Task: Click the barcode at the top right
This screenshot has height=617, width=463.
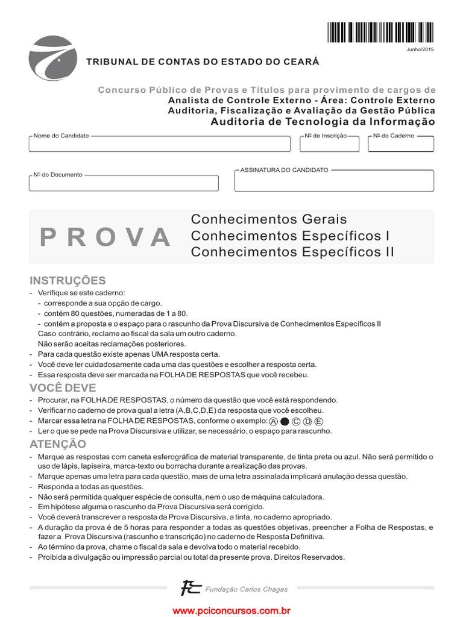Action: click(380, 33)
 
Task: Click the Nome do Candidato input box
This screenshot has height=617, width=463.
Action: click(159, 145)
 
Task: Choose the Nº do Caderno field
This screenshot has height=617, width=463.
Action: click(400, 145)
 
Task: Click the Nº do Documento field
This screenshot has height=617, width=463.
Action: click(124, 183)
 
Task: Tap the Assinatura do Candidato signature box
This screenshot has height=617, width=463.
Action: click(333, 181)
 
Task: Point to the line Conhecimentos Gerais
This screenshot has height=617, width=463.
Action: click(269, 219)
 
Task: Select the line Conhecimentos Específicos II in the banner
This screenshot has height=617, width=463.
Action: click(292, 252)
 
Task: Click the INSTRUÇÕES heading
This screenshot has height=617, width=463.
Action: click(68, 280)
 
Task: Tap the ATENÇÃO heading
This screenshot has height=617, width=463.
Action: click(58, 444)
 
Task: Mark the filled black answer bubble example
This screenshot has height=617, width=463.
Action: click(285, 421)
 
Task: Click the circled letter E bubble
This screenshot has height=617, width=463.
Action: click(319, 421)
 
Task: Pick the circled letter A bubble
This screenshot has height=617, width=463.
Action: click(274, 421)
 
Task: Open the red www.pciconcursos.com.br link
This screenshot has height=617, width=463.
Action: click(231, 610)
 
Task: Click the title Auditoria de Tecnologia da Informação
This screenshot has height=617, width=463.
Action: click(323, 122)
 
